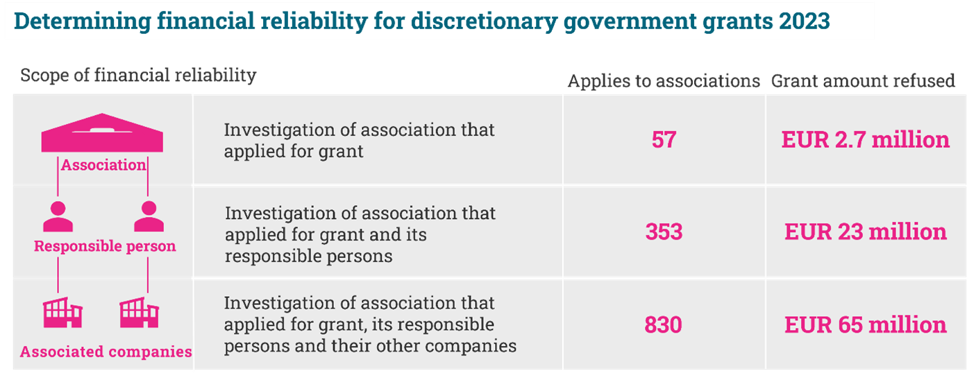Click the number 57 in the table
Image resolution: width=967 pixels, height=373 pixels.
point(664,140)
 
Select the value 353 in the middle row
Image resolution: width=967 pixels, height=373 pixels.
point(664,232)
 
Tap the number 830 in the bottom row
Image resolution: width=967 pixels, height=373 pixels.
point(663,324)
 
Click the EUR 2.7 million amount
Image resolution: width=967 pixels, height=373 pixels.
point(866,140)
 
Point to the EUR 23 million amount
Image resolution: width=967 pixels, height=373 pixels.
point(866,232)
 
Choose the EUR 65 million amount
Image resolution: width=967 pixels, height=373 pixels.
point(866,324)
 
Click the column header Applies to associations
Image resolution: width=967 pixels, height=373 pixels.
point(664,81)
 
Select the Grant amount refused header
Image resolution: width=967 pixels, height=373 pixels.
point(863,81)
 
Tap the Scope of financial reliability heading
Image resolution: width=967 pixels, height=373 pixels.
point(138,75)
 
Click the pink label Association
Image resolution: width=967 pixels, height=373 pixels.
point(103,165)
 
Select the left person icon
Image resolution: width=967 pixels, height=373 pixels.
point(58,216)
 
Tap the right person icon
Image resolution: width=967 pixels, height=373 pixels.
point(149,216)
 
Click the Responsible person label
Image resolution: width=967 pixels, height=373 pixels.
point(105,246)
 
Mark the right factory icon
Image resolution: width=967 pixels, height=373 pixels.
point(139,313)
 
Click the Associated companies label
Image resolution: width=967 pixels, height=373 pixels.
point(106,352)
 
